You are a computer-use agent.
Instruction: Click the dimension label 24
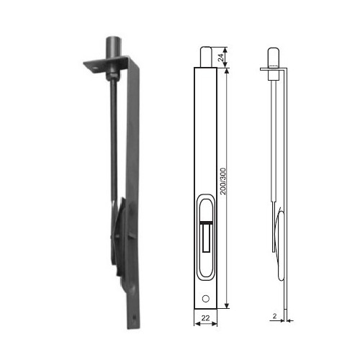click(221, 57)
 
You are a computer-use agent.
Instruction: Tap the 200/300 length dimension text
click(223, 181)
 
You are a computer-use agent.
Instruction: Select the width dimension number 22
click(205, 318)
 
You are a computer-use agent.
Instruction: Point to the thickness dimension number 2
click(274, 316)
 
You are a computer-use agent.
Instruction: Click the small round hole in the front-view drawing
click(206, 299)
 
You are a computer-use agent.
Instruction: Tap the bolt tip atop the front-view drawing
click(206, 57)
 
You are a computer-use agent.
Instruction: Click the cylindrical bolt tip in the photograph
click(114, 47)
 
